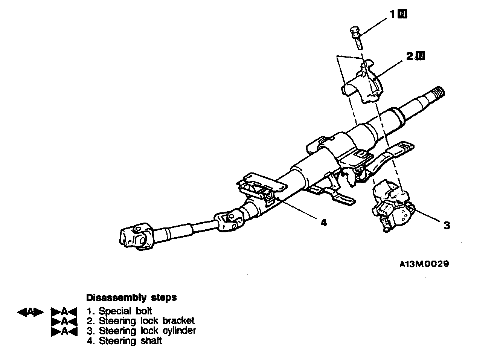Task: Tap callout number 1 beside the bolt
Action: (392, 14)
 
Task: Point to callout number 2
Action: (410, 56)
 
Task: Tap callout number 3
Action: (447, 226)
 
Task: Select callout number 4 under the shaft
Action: (324, 223)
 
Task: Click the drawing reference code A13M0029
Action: (424, 264)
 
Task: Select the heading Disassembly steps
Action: (131, 297)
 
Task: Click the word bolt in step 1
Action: (144, 311)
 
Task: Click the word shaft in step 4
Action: (152, 340)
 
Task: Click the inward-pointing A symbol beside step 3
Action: (64, 331)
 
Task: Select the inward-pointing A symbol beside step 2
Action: (64, 322)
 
